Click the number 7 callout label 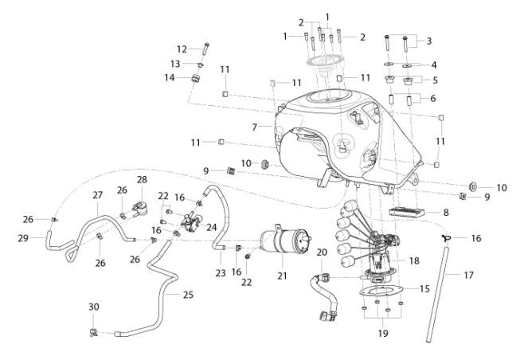255,127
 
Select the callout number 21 283,276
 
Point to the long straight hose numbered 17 438,294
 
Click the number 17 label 469,275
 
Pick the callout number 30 94,307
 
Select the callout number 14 170,78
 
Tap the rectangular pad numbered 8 406,212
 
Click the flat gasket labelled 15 381,291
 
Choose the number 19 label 383,333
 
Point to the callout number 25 188,295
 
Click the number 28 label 142,180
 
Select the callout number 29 23,238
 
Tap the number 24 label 212,228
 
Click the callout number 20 322,252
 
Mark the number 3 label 429,41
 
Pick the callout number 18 414,260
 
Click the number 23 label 221,273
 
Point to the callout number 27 98,195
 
